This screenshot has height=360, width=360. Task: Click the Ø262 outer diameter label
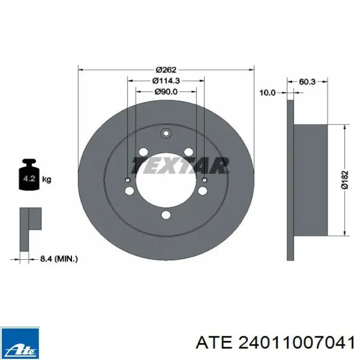[166, 70]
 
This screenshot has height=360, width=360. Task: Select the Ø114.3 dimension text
[166, 81]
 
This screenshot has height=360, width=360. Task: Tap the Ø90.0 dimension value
[166, 92]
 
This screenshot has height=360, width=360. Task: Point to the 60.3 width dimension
[307, 82]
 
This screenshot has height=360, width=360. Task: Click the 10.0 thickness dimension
[267, 93]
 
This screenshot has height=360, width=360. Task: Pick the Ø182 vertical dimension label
[345, 180]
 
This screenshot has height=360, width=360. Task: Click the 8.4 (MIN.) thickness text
[59, 259]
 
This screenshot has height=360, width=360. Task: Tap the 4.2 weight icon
[29, 174]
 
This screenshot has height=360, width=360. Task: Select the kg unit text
[47, 179]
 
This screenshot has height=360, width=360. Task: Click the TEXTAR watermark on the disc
[180, 166]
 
